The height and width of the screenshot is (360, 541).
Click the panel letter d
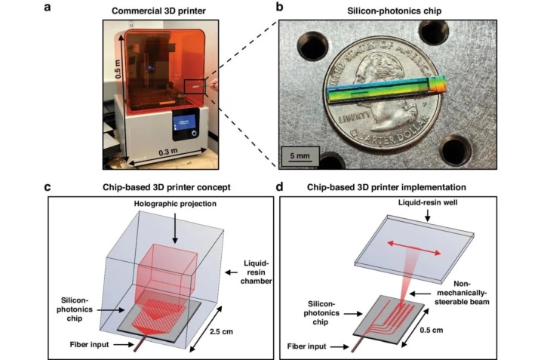[x=279, y=186]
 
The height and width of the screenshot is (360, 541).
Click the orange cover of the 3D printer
[x=158, y=68]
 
